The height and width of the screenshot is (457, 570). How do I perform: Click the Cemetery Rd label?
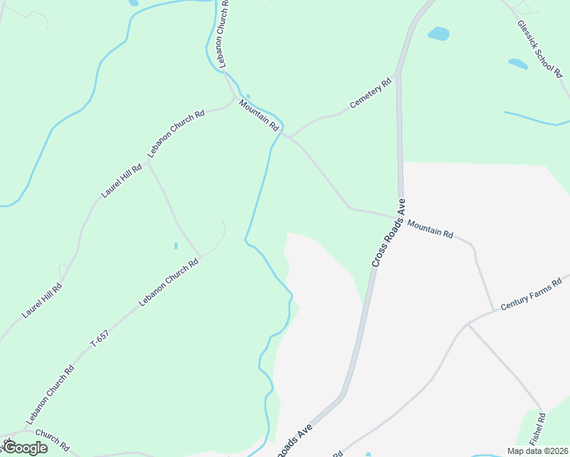[x=370, y=93]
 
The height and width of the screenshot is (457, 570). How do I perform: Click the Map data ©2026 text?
[x=537, y=451]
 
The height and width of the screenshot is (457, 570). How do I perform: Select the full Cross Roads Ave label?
[x=389, y=233]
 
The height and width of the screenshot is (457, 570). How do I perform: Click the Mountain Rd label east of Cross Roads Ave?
[x=431, y=229]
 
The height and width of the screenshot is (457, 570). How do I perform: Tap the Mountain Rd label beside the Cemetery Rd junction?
[x=259, y=115]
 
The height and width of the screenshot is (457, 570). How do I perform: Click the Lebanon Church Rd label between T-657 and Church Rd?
[x=50, y=395]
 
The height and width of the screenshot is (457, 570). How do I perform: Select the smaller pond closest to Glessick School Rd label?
[x=518, y=64]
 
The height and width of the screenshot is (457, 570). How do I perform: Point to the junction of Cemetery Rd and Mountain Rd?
[x=288, y=138]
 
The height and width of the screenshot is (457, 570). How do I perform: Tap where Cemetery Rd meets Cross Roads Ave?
[x=397, y=75]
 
